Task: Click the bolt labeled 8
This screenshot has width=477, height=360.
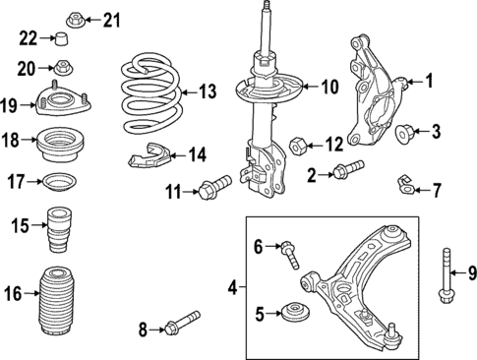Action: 182,327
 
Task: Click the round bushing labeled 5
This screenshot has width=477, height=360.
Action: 293,315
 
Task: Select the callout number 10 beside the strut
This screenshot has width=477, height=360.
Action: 328,88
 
